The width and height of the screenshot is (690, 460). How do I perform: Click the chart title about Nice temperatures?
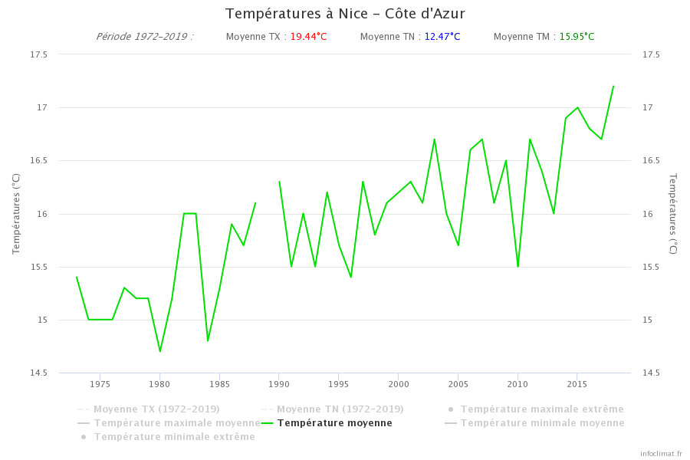point(345,14)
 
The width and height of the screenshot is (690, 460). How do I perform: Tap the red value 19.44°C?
point(308,37)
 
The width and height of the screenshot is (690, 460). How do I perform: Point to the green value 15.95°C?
point(577,37)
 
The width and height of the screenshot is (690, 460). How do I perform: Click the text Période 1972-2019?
point(144,37)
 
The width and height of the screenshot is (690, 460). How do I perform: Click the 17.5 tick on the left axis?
point(38,54)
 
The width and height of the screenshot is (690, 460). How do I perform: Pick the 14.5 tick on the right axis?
point(651,373)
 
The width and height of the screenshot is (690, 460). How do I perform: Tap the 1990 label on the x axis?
point(279,384)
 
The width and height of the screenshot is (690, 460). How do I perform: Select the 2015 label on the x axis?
point(577,384)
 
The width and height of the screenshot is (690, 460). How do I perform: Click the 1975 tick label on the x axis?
point(100,384)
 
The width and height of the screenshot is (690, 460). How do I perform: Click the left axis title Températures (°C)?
point(16,214)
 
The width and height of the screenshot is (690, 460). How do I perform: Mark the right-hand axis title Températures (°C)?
point(673,214)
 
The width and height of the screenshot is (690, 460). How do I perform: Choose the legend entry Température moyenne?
point(334,423)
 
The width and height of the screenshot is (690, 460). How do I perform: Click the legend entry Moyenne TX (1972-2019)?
point(156,409)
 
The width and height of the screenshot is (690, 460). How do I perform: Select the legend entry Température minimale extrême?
point(174,437)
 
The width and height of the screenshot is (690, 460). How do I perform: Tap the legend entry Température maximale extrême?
point(541,409)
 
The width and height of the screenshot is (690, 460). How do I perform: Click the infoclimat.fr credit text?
point(661,454)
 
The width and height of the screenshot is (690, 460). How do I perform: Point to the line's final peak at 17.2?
point(613,86)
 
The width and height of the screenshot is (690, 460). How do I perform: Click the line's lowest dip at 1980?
point(160,351)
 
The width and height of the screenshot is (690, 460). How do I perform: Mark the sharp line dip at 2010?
point(518,266)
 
